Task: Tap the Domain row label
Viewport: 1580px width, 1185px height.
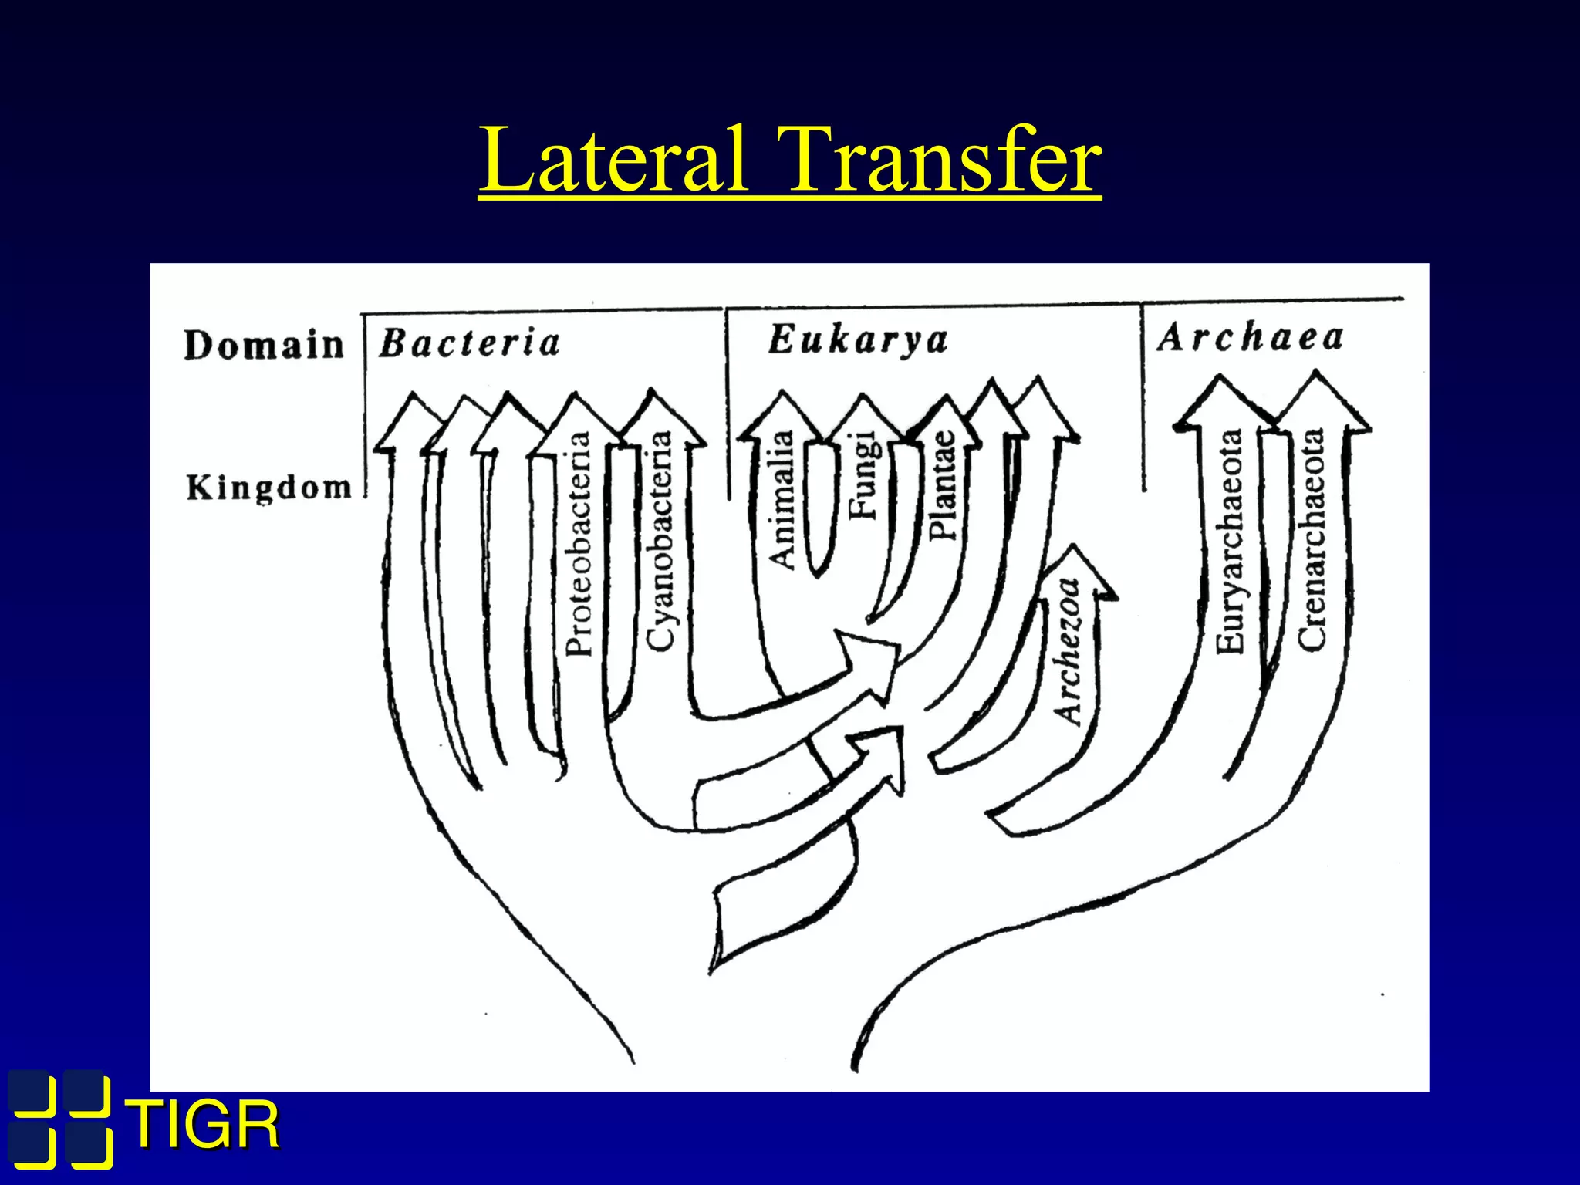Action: [264, 345]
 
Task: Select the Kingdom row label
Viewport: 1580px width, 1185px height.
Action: [268, 488]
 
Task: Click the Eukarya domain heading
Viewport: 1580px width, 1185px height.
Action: [858, 340]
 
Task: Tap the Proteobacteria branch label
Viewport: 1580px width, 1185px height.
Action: [579, 544]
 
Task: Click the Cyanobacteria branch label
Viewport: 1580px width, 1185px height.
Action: [660, 540]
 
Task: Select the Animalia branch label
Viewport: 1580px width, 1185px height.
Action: [782, 500]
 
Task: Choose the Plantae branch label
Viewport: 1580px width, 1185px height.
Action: [943, 484]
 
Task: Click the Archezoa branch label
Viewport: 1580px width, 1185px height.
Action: [1069, 652]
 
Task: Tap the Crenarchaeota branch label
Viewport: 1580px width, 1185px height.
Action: [1312, 540]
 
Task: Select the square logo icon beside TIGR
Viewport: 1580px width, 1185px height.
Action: [60, 1119]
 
